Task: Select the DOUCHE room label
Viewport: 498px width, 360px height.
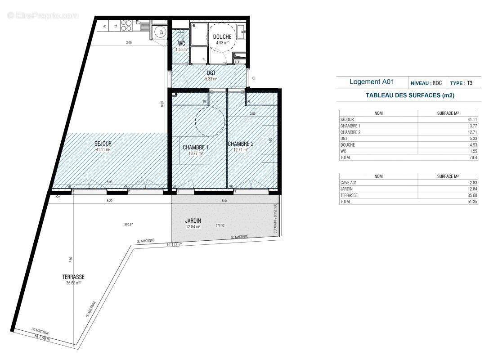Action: pyautogui.click(x=222, y=37)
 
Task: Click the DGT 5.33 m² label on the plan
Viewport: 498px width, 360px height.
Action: pyautogui.click(x=211, y=75)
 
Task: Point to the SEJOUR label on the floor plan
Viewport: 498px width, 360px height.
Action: pyautogui.click(x=103, y=144)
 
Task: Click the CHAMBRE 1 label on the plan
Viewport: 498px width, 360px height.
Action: pyautogui.click(x=195, y=147)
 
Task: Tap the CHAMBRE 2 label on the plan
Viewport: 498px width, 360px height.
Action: pyautogui.click(x=241, y=144)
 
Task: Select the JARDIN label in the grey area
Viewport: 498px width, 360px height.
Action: pyautogui.click(x=193, y=221)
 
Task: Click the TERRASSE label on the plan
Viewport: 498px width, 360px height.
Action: pyautogui.click(x=74, y=277)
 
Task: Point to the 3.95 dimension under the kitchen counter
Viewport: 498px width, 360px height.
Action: pyautogui.click(x=129, y=43)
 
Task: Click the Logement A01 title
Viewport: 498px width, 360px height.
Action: pyautogui.click(x=372, y=82)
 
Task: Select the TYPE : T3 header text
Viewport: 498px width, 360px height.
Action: pyautogui.click(x=461, y=83)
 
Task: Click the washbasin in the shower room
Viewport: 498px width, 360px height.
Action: pyautogui.click(x=241, y=31)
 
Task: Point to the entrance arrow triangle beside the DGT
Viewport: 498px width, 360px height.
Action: pyautogui.click(x=253, y=78)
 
